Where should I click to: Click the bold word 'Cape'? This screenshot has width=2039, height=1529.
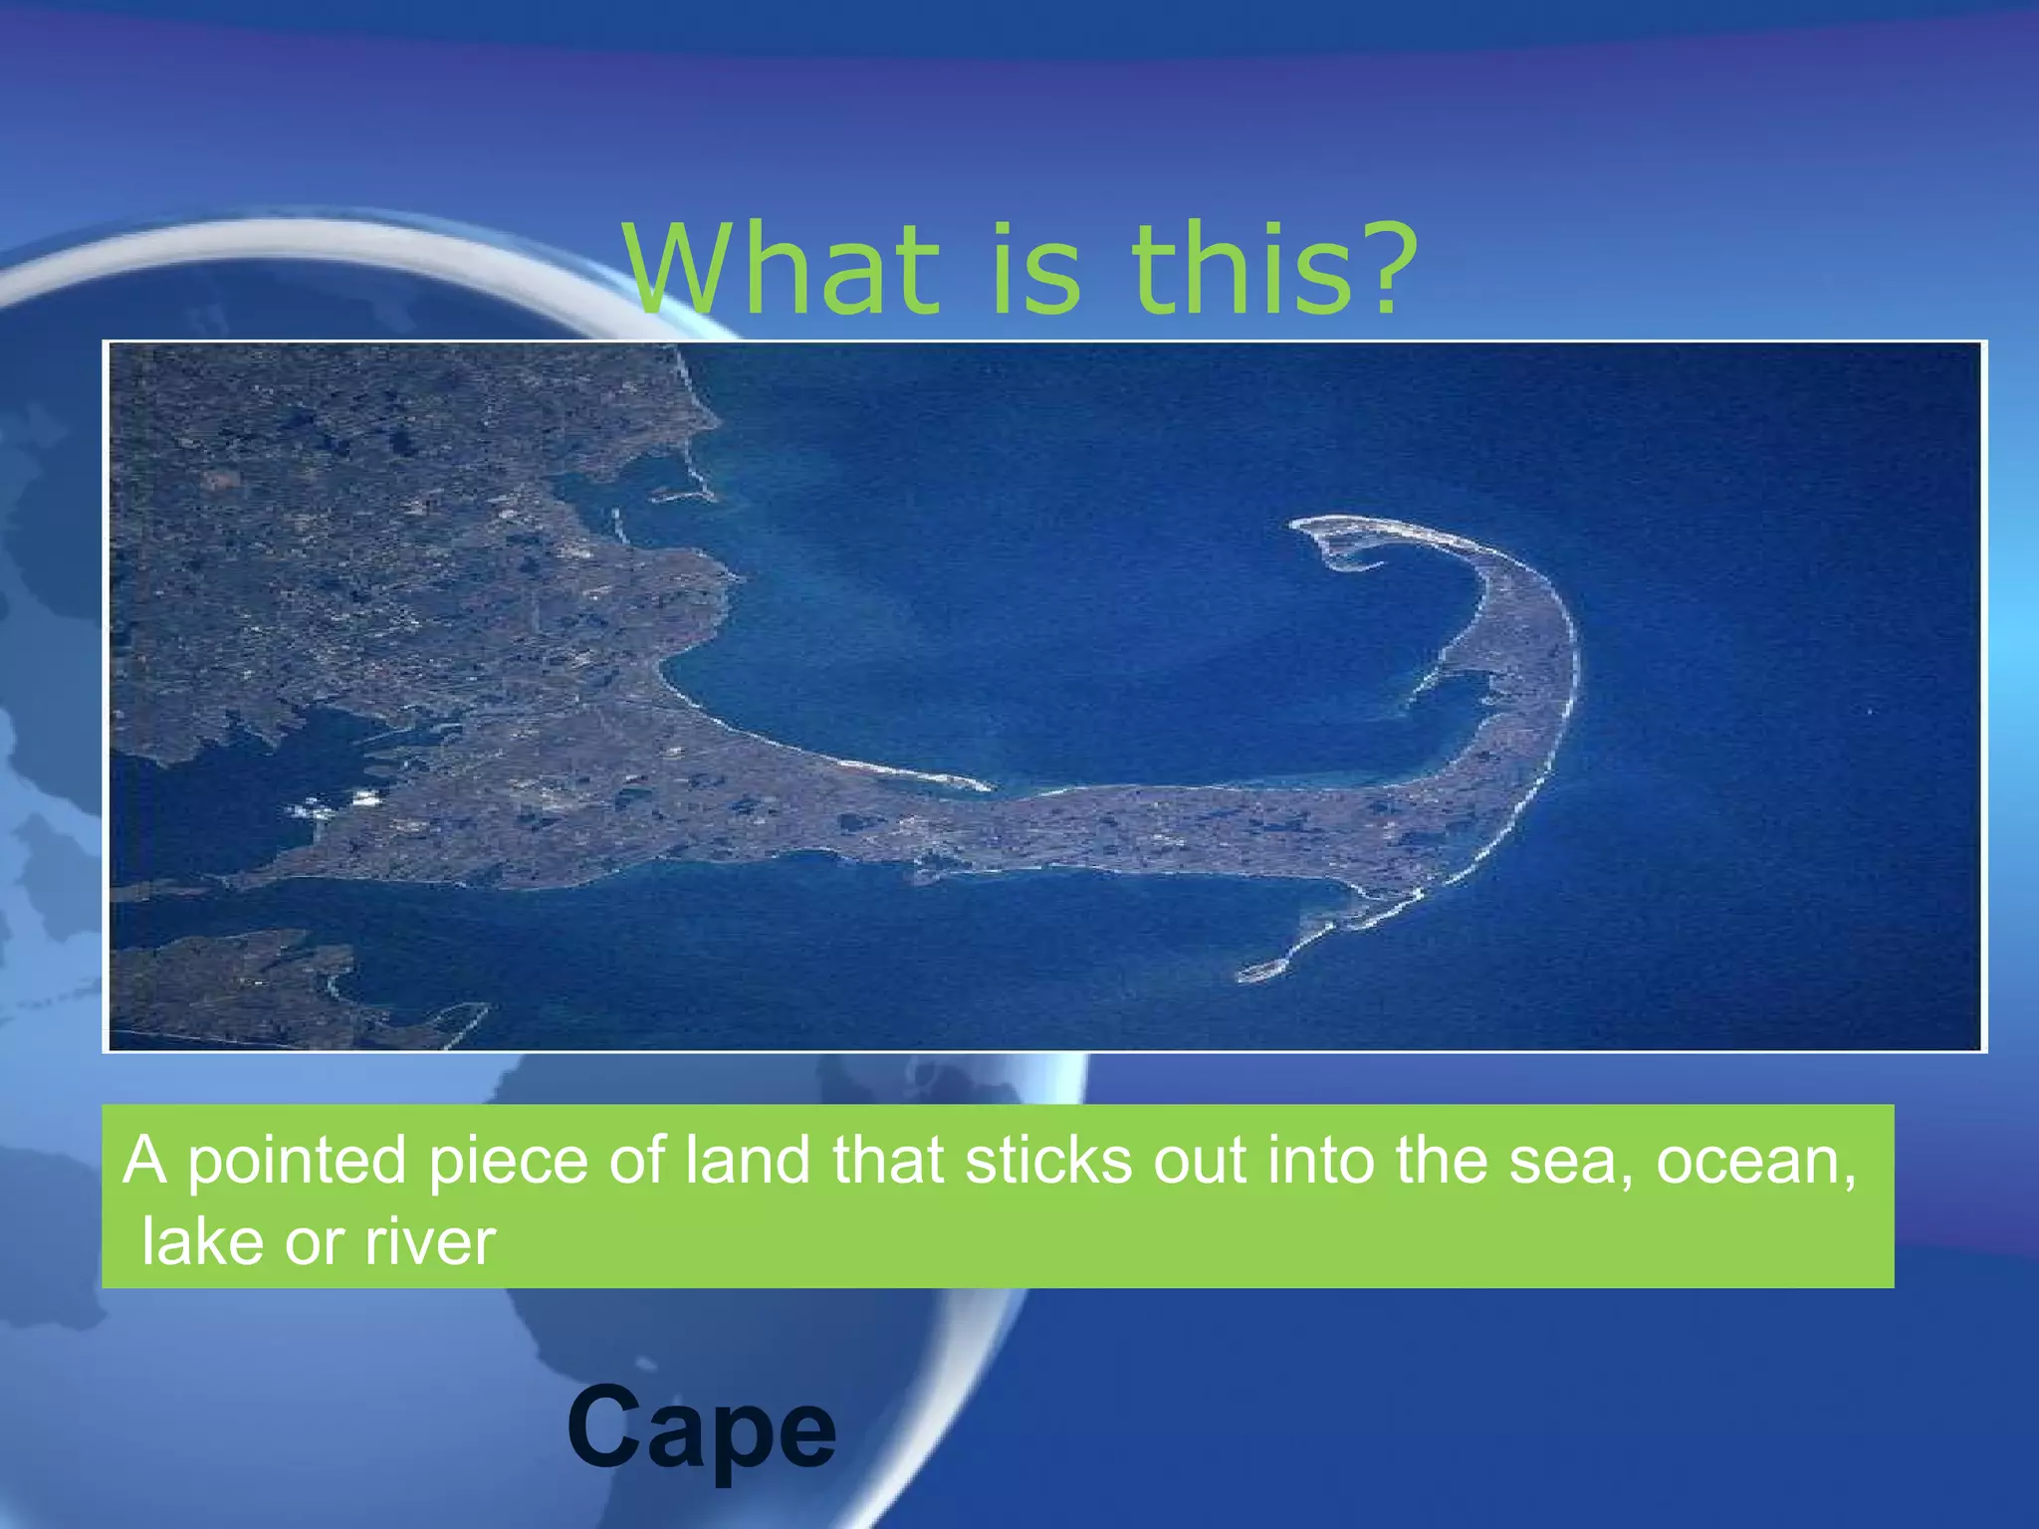pyautogui.click(x=701, y=1429)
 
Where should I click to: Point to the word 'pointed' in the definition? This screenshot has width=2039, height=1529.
pyautogui.click(x=297, y=1161)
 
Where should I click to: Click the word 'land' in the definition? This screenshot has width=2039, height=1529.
pyautogui.click(x=747, y=1161)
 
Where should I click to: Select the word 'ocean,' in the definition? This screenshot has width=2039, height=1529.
pyautogui.click(x=1756, y=1161)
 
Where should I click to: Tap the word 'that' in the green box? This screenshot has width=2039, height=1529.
pyautogui.click(x=888, y=1161)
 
